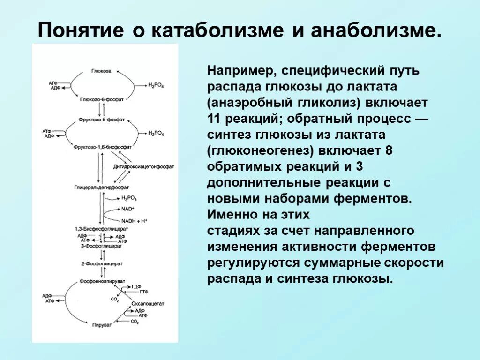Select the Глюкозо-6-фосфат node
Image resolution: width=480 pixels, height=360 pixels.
[x=101, y=99]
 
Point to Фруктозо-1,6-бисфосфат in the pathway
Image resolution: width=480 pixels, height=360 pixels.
[x=102, y=147]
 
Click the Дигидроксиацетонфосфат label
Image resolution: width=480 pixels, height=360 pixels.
[x=143, y=166]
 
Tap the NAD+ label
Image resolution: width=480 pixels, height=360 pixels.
[x=127, y=208]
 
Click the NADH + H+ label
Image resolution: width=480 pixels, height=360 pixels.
[x=134, y=220]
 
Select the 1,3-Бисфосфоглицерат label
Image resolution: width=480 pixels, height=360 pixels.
[x=101, y=229]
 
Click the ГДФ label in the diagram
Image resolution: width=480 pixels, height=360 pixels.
[x=136, y=286]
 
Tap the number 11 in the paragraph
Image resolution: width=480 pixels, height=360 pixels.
[x=214, y=118]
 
